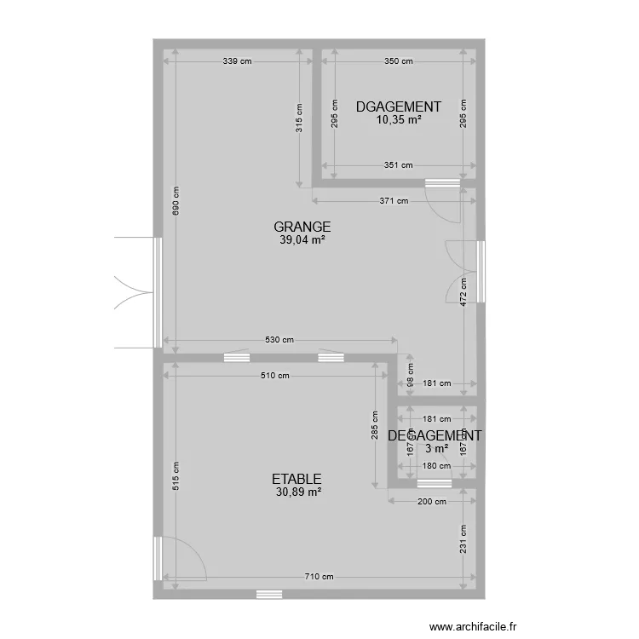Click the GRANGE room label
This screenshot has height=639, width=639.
[302, 227]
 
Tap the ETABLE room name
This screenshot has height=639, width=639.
[296, 479]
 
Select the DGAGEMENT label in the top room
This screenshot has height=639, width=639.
[399, 106]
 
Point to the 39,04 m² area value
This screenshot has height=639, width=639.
[302, 240]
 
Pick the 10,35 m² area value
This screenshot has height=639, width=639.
[399, 120]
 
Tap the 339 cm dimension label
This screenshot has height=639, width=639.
[237, 61]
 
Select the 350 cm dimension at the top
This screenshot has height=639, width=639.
[398, 61]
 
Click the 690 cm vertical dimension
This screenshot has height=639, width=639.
[176, 201]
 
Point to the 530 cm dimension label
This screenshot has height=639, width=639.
[279, 340]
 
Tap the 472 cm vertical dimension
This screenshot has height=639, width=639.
[463, 292]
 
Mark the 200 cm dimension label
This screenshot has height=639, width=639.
[432, 502]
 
